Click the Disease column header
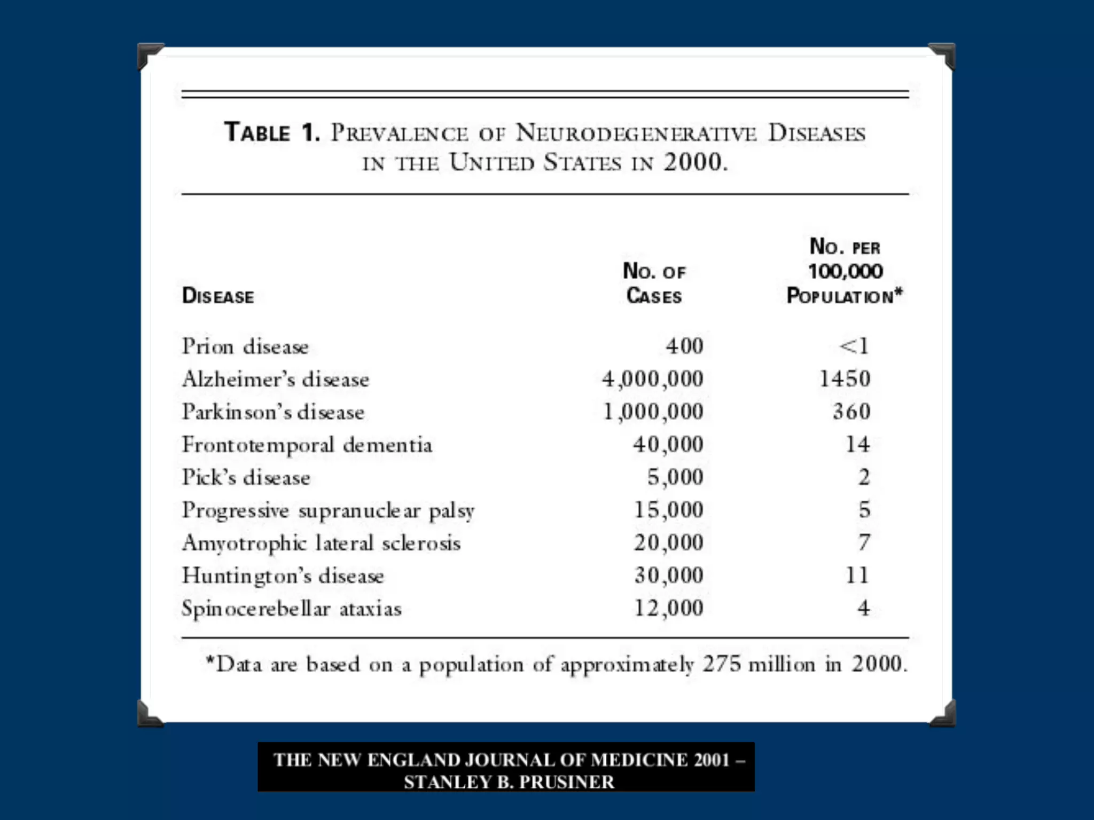[218, 296]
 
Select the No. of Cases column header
[654, 283]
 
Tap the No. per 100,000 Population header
[845, 271]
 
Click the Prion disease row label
[245, 346]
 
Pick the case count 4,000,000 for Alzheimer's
[652, 379]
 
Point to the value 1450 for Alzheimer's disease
[845, 379]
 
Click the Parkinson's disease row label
[273, 412]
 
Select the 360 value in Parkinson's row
[851, 412]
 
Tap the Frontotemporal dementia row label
[307, 445]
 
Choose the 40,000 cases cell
[668, 445]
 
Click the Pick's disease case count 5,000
[675, 477]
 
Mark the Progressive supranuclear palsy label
[328, 510]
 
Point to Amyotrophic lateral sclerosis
[321, 543]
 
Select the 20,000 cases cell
[668, 543]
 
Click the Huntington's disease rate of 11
[857, 575]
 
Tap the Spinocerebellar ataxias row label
[292, 609]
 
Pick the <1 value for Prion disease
[854, 346]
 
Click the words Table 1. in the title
[272, 132]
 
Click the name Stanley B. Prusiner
[509, 782]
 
